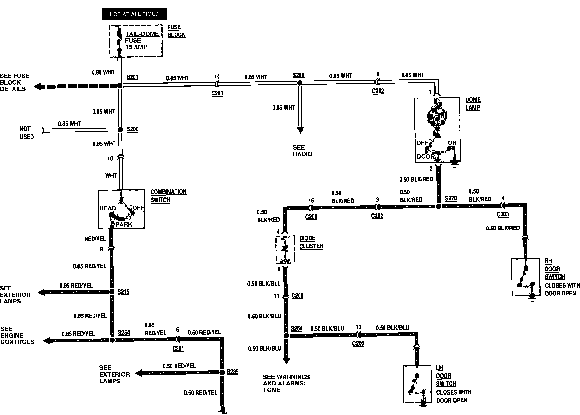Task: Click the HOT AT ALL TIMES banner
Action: coord(134,14)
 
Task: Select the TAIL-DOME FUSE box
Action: coord(136,41)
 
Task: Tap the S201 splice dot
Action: coord(120,86)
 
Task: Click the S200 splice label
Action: coord(133,129)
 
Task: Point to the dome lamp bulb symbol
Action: coord(437,116)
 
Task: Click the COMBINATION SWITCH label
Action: coord(168,196)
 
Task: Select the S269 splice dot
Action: coord(300,83)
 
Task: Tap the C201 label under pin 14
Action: coord(217,93)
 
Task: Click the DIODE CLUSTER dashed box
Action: coord(285,250)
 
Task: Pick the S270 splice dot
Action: coord(438,206)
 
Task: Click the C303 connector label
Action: coord(503,214)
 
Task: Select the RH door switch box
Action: coord(526,277)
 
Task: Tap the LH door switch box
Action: coord(417,384)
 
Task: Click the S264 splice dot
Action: coord(286,336)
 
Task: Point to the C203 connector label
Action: coord(358,344)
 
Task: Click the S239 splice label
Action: coord(233,372)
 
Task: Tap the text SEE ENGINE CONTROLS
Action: coord(17,335)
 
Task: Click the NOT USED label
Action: coord(26,133)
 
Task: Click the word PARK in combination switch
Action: coord(124,224)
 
